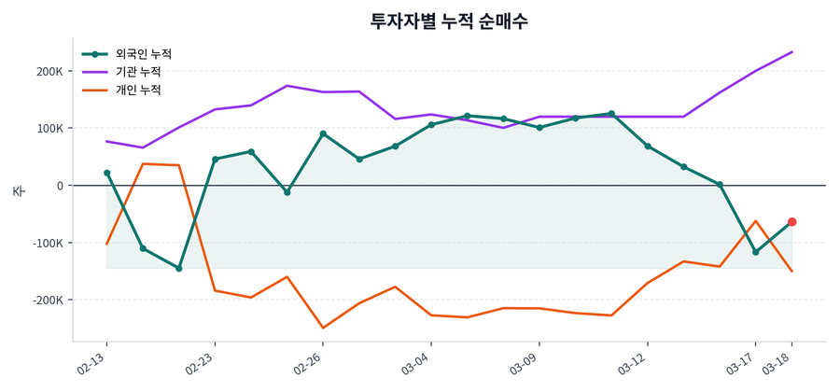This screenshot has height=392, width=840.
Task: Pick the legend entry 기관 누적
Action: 137,72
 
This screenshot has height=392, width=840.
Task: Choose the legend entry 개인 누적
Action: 137,91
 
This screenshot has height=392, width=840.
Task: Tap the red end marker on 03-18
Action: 791,222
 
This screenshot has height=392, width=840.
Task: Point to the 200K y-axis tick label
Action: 49,71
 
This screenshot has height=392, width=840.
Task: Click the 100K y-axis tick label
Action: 49,129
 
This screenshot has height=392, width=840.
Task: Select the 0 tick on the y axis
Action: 60,186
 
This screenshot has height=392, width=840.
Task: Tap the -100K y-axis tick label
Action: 47,243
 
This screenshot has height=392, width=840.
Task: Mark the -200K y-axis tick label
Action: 47,301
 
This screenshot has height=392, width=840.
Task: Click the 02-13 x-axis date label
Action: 93,363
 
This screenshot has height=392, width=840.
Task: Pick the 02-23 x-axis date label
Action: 202,363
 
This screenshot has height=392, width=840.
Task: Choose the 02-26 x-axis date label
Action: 309,363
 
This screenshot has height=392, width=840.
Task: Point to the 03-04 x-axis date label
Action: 416,363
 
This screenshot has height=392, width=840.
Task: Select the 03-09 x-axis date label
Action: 525,363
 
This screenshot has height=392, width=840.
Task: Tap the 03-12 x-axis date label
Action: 633,363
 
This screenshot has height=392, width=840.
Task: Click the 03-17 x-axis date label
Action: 742,363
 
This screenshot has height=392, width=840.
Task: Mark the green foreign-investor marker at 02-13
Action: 107,173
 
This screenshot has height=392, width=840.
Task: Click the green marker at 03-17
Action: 756,252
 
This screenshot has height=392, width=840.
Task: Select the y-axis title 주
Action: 18,190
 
